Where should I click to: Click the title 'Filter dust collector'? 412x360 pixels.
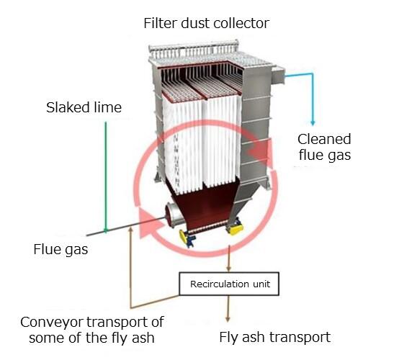(206, 23)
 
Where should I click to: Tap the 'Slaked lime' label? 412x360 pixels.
(84, 107)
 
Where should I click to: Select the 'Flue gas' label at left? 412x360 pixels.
(61, 249)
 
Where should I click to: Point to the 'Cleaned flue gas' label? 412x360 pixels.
(325, 147)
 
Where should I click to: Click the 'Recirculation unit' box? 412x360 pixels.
(229, 284)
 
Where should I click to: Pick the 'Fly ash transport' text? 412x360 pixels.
(275, 337)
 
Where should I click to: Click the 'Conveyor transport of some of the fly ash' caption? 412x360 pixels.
(92, 330)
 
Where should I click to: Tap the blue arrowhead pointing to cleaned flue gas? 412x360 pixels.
(313, 122)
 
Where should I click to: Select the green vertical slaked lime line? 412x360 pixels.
(106, 177)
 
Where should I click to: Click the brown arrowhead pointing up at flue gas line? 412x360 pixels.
(130, 230)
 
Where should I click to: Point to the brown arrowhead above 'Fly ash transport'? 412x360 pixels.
(228, 319)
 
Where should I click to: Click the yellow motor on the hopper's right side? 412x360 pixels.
(235, 227)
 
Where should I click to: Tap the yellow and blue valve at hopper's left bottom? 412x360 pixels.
(187, 238)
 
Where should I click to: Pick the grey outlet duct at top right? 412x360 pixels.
(278, 75)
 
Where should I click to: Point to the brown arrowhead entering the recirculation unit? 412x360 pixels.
(228, 269)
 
